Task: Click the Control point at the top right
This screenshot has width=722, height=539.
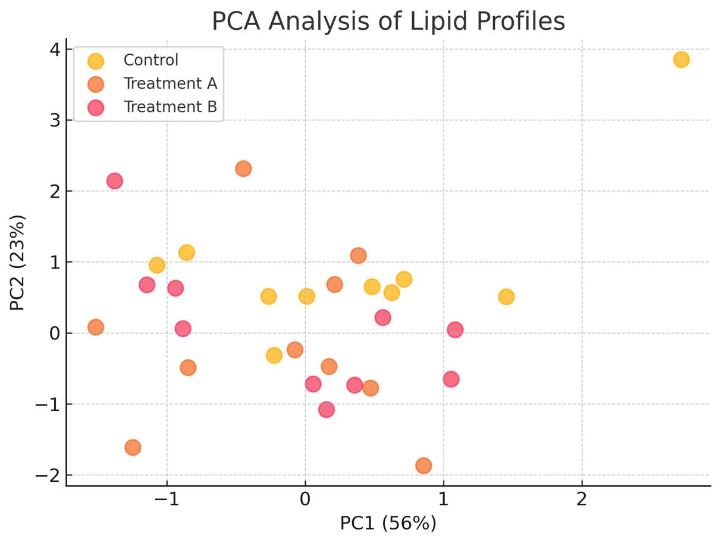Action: (x=681, y=60)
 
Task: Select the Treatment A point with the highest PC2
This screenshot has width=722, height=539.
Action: (x=243, y=169)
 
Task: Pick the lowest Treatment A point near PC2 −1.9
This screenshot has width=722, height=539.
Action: (x=423, y=466)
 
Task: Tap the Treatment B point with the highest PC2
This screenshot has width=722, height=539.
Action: (x=115, y=180)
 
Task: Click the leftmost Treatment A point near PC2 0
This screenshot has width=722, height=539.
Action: (x=96, y=327)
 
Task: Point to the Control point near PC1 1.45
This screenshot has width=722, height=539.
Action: (x=506, y=297)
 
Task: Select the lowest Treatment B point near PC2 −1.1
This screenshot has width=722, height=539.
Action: (x=326, y=409)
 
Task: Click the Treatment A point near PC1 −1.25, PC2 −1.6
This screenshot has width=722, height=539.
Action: (x=133, y=447)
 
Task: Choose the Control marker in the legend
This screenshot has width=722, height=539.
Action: (x=95, y=61)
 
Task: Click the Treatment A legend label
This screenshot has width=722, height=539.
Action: (x=170, y=83)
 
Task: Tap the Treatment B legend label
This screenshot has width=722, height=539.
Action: (x=170, y=107)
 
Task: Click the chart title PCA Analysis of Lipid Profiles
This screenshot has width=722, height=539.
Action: (x=388, y=21)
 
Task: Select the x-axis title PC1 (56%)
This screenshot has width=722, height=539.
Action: (x=388, y=523)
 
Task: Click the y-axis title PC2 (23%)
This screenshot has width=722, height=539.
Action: (x=17, y=262)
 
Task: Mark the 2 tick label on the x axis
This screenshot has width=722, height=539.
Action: (x=582, y=499)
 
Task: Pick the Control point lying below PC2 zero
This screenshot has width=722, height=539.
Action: (x=274, y=356)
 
